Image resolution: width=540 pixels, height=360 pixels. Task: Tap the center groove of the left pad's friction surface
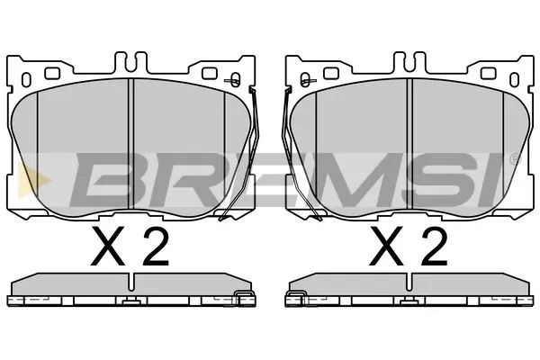[x=132, y=144]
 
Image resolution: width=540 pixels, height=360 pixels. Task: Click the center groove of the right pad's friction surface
[x=409, y=144]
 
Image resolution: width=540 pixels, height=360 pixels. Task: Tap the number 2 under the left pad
[x=155, y=244]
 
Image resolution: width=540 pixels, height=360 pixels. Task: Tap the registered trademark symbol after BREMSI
[x=514, y=160]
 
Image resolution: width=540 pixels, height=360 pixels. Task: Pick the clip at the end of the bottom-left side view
[x=241, y=300]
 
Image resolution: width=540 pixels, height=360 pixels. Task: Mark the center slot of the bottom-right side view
[x=409, y=298]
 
